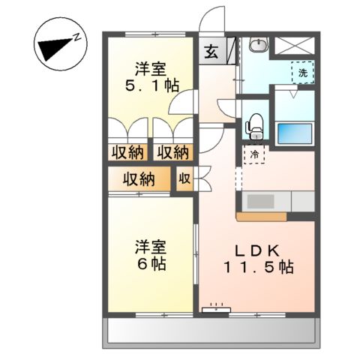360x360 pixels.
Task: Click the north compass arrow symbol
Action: [54, 49]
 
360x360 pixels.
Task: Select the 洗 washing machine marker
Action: [302, 73]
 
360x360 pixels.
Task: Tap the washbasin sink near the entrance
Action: [257, 47]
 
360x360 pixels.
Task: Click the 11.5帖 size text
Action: [256, 267]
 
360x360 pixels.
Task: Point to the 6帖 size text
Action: [150, 265]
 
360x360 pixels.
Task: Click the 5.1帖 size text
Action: [150, 84]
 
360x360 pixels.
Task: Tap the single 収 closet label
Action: [184, 179]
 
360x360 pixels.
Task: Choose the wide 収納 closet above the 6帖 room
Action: [139, 179]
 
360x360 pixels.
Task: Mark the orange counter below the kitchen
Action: [262, 217]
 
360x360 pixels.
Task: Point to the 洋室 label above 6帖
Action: [150, 246]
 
